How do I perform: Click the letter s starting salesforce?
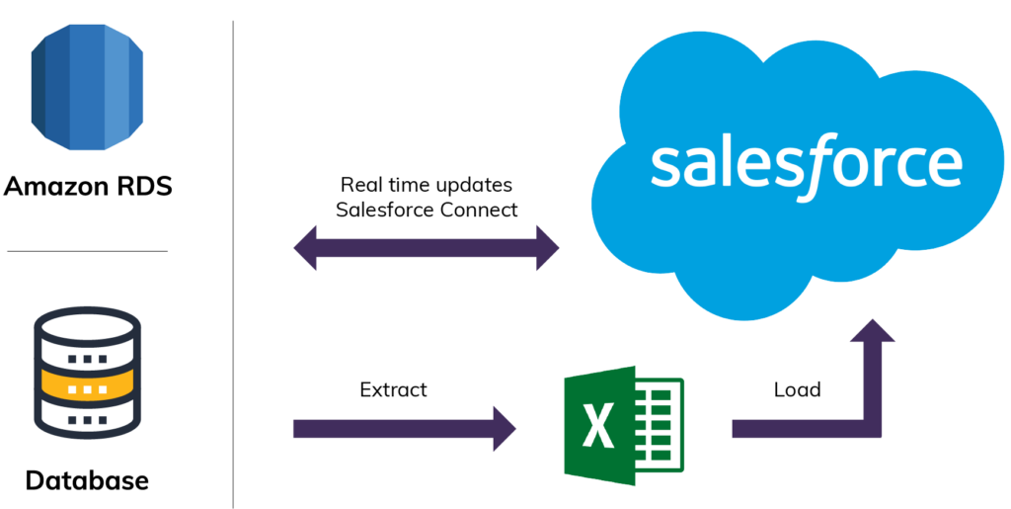665,167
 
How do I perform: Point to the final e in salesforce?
944,168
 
